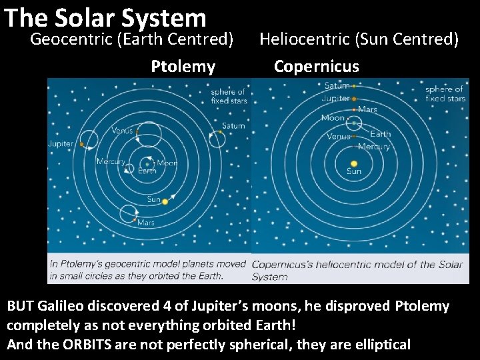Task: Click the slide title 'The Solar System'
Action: coord(105,18)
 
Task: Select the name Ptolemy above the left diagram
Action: coord(183,67)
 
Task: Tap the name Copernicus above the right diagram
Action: coord(316,67)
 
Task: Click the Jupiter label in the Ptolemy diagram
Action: coord(61,144)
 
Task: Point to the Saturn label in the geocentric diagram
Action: coord(233,126)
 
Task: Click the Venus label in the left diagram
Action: coord(121,131)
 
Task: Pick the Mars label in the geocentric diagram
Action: coord(145,223)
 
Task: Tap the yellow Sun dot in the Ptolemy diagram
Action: coord(165,201)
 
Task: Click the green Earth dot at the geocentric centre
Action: coord(147,163)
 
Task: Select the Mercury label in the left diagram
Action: coord(110,161)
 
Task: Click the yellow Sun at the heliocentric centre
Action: coord(354,163)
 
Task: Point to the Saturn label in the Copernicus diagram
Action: coord(337,86)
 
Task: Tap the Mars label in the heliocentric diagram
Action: coord(367,109)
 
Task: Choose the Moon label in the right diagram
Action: coord(333,118)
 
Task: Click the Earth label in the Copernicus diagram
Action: coord(380,135)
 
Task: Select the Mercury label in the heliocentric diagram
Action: coord(374,146)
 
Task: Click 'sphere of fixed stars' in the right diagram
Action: coord(445,94)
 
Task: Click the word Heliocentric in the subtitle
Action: coord(305,39)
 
